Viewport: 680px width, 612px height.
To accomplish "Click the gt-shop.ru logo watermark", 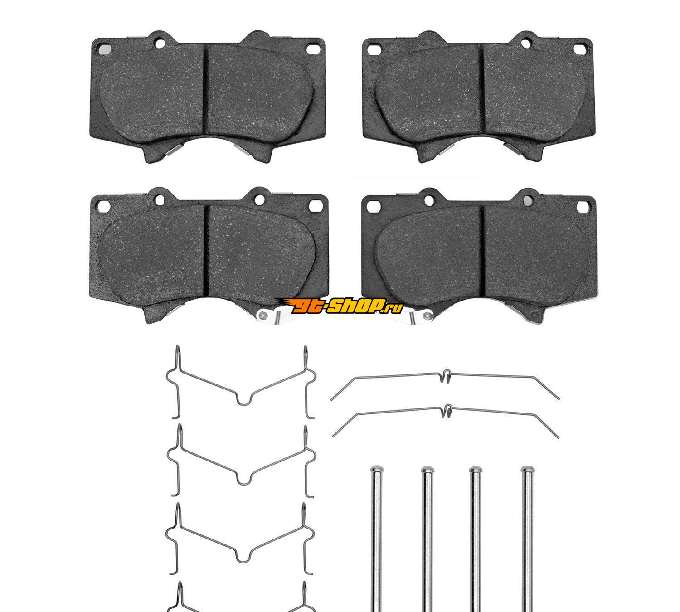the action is click(x=339, y=306).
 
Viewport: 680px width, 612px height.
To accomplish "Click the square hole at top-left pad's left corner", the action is click(x=105, y=49).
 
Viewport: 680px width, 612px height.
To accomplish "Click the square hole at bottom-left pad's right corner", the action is click(x=315, y=205).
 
